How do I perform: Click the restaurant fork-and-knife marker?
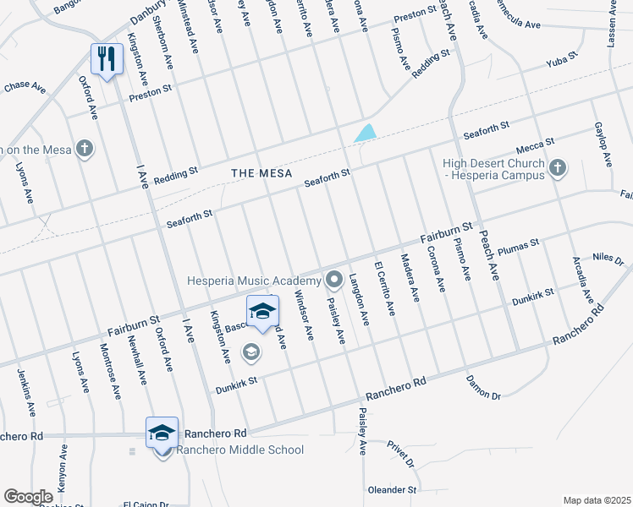tap(106, 58)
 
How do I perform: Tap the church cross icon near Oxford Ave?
tap(83, 149)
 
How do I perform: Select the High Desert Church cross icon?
tap(557, 168)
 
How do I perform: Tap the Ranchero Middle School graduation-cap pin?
tap(162, 433)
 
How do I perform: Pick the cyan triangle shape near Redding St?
tap(366, 133)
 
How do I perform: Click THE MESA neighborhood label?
tap(261, 173)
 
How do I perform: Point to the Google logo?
tap(28, 497)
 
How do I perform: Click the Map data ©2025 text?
tap(596, 500)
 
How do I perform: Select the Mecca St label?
tap(536, 144)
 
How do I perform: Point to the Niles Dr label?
tap(608, 258)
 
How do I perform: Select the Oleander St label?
tap(392, 489)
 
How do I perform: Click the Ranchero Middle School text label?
tap(239, 450)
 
